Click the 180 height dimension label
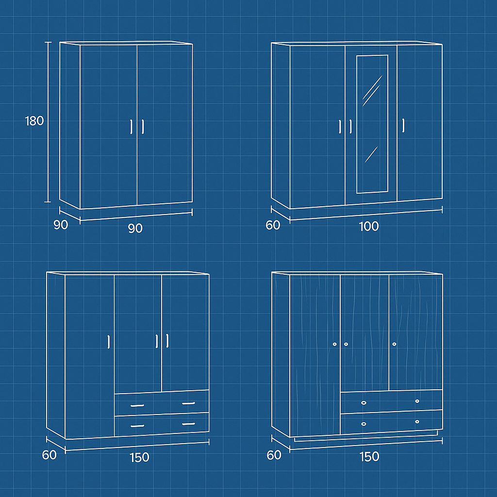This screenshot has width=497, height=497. click(34, 121)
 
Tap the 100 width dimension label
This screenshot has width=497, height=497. click(369, 226)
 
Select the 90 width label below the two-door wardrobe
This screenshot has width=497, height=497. click(135, 228)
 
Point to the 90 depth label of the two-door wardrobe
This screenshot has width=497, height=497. click(61, 225)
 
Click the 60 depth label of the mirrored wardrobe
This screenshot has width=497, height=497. click(273, 225)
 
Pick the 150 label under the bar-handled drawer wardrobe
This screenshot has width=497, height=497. click(139, 457)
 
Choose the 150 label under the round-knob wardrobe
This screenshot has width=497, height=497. click(369, 456)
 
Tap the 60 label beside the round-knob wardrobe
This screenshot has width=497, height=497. click(274, 455)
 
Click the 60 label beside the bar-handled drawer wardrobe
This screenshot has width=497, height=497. click(49, 455)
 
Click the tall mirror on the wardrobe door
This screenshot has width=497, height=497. click(372, 124)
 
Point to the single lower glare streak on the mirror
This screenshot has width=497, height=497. click(371, 154)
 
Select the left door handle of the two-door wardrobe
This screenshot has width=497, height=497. click(131, 127)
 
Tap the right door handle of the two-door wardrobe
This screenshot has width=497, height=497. click(143, 127)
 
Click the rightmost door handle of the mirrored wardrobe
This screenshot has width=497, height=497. click(403, 126)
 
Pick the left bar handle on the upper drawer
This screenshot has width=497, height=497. click(137, 405)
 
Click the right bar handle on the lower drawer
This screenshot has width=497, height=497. click(189, 424)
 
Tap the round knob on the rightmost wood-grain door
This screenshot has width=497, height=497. click(394, 344)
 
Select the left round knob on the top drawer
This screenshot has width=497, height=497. click(364, 403)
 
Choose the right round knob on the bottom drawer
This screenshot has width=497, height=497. click(417, 422)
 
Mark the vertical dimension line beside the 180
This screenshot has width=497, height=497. click(48, 122)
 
